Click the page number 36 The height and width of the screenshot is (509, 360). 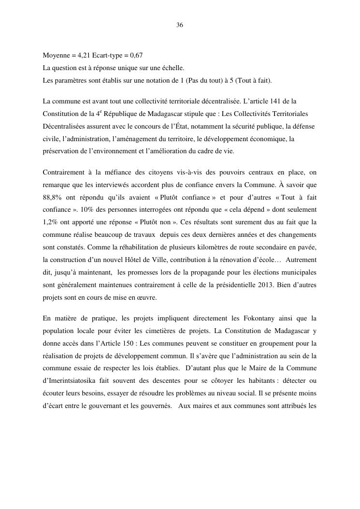coord(180,25)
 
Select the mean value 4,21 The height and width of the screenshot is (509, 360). coord(80,56)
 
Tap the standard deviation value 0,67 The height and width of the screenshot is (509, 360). coord(135,56)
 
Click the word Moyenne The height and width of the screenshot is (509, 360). coord(55,56)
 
